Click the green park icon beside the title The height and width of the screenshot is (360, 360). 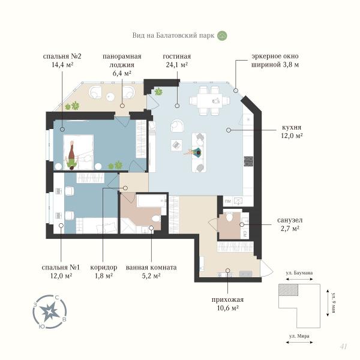click(222, 35)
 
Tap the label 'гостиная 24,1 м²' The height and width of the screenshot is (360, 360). click(177, 61)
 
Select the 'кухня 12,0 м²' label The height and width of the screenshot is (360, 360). click(292, 131)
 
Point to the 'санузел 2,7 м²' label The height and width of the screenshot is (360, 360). click(290, 224)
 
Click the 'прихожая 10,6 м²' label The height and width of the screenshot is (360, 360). click(227, 304)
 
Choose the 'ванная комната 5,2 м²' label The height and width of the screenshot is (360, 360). click(151, 271)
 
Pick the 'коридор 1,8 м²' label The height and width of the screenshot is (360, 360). click(104, 271)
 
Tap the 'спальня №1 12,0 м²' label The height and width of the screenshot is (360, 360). click(61, 271)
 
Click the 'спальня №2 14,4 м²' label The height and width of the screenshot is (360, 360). click(62, 61)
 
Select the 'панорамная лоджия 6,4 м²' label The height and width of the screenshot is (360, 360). click(122, 65)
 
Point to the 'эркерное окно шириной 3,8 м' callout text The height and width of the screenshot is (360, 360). click(275, 61)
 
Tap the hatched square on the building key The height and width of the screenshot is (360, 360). click(289, 290)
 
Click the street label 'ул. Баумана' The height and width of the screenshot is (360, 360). click(299, 273)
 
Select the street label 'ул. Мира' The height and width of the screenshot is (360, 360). click(299, 336)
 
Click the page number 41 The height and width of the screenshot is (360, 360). click(343, 346)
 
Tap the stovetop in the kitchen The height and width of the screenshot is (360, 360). click(248, 161)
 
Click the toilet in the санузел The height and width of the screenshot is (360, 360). click(229, 216)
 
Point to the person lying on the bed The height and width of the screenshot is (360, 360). click(72, 155)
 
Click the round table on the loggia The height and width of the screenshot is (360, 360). click(110, 97)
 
